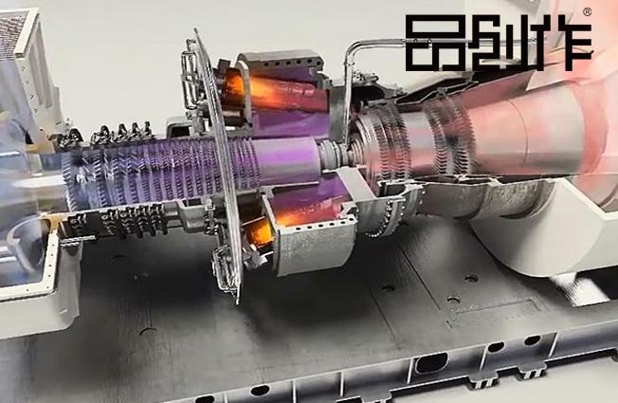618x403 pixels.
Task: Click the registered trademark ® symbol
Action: tap(587, 12)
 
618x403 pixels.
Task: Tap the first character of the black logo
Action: tap(427, 44)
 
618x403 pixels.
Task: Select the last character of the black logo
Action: tap(569, 44)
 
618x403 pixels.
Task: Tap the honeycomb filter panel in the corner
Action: tap(15, 36)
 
